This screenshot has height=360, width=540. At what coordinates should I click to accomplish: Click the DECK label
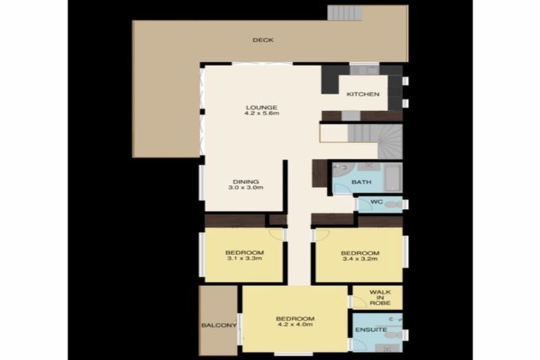tap(263, 40)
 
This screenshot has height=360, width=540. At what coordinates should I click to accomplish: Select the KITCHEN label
tap(363, 94)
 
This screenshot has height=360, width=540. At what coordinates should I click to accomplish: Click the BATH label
tap(361, 183)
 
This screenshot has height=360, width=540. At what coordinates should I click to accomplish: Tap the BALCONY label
tap(219, 326)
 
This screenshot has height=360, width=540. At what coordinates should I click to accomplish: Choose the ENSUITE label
tap(370, 329)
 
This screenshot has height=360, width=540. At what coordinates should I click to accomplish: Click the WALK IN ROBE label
tap(380, 297)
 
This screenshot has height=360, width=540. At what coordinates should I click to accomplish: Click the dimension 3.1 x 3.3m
tap(244, 259)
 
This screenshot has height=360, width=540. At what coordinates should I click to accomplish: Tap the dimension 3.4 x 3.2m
tap(359, 259)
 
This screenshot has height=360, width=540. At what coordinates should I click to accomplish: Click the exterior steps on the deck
tap(345, 13)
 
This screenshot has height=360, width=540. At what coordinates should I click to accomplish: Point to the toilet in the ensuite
tap(392, 335)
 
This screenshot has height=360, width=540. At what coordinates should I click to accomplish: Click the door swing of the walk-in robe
tap(358, 302)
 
